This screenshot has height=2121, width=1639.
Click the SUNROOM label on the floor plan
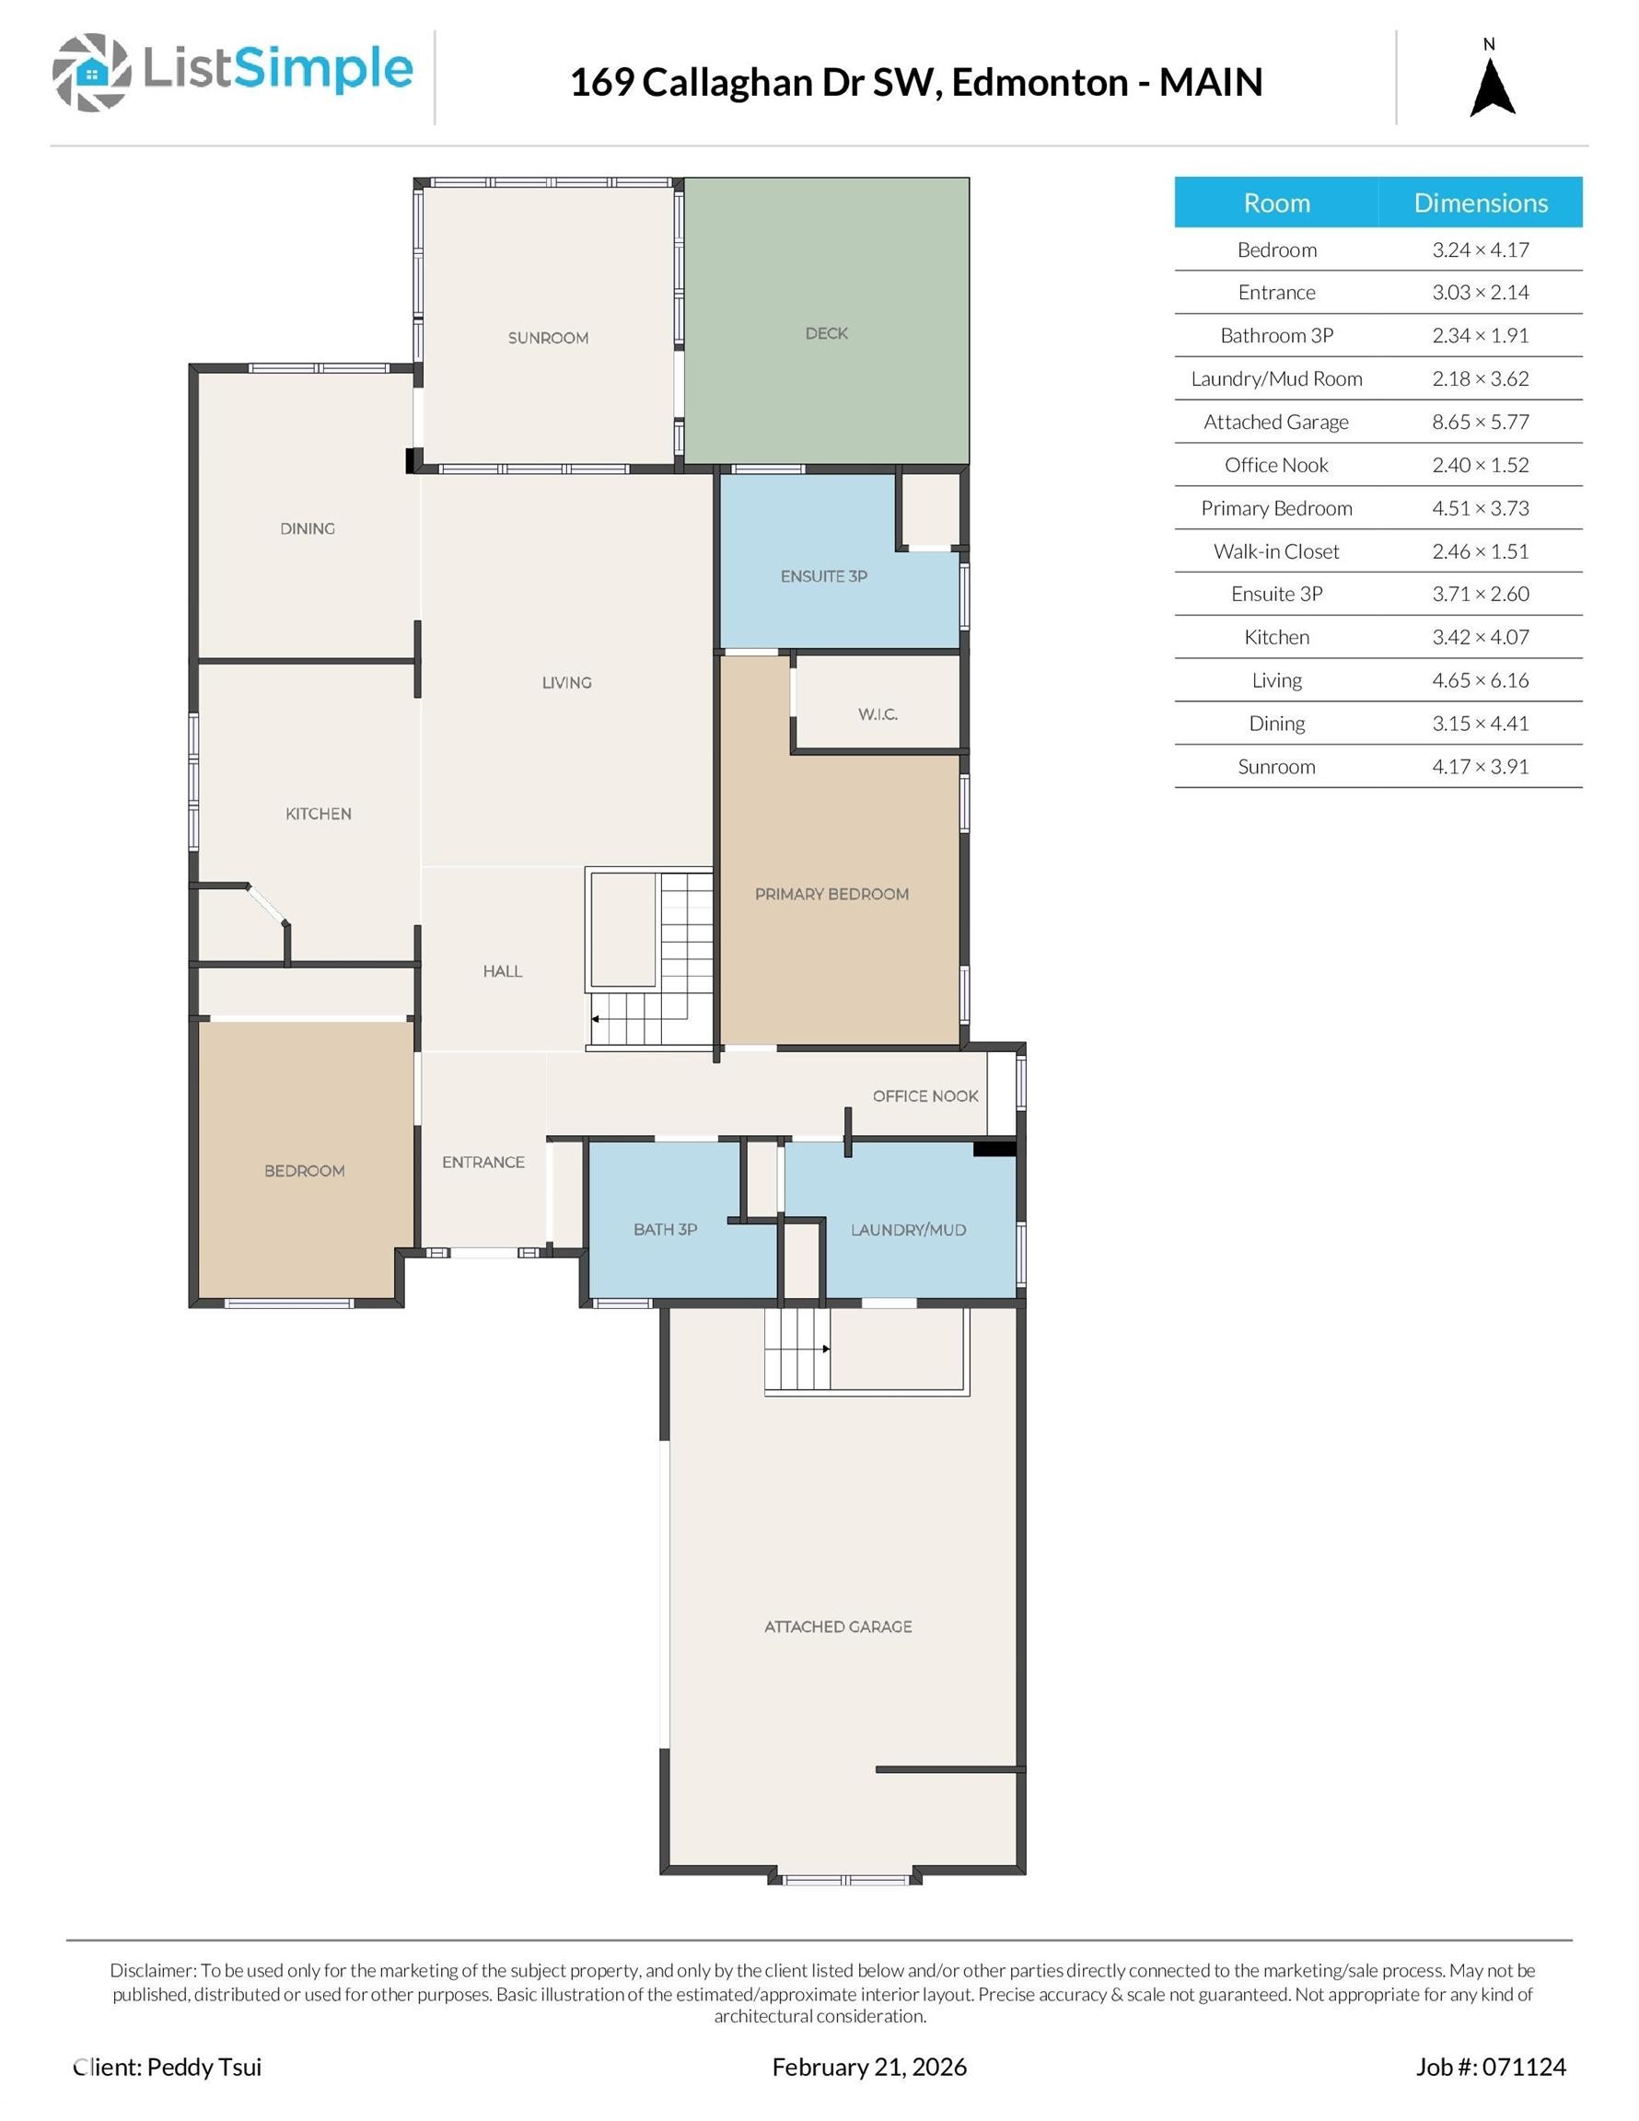548,338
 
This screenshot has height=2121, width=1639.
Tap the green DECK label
827,333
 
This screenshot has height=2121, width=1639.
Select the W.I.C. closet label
878,713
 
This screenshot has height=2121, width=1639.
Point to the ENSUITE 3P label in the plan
824,576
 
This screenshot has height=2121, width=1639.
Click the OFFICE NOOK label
924,1095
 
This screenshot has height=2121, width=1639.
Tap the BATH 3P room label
666,1230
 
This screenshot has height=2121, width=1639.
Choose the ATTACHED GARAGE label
838,1627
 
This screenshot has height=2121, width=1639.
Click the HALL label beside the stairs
503,971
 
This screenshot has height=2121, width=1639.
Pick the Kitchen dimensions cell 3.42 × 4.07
1480,637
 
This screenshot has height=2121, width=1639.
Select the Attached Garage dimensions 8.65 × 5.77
1480,422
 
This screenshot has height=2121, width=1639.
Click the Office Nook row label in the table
1275,465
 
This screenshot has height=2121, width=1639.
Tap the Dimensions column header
1480,202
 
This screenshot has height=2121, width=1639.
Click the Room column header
1275,202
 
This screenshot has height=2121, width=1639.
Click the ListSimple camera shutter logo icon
91,72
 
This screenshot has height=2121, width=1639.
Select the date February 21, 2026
868,2067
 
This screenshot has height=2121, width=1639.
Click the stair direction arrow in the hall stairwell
595,1019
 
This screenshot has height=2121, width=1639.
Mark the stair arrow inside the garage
825,1349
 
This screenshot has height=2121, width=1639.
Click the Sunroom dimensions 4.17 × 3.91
1480,766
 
